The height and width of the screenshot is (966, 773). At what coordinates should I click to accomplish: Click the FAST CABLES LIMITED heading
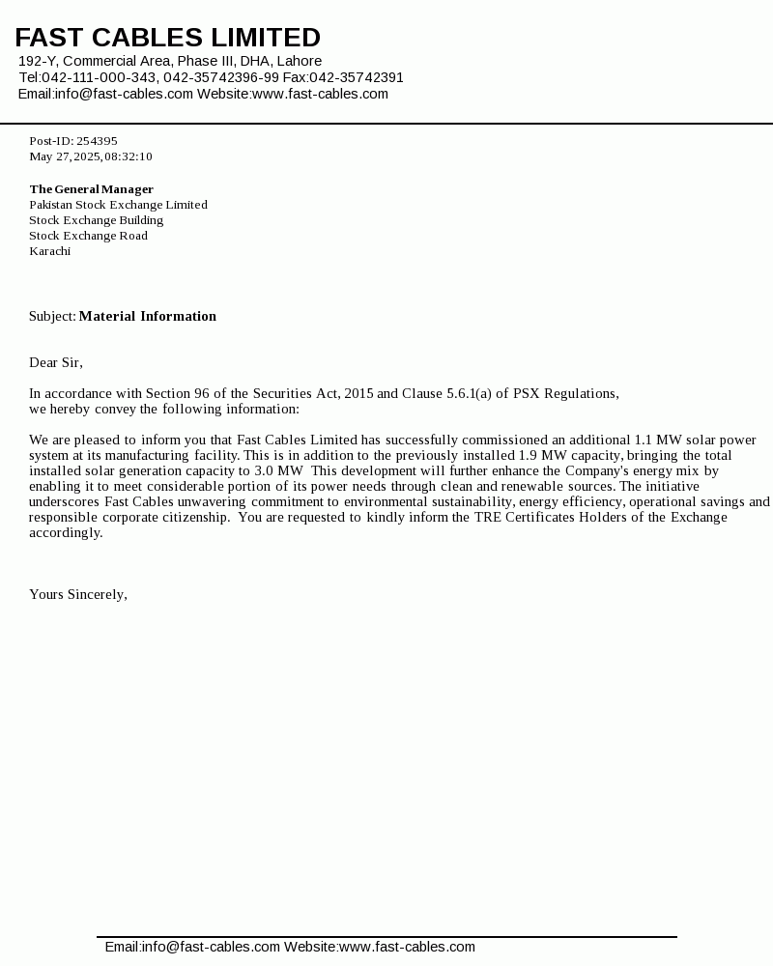tap(167, 38)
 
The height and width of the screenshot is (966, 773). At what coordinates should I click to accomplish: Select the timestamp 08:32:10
tap(129, 156)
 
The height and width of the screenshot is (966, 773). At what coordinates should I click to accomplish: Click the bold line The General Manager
tap(91, 189)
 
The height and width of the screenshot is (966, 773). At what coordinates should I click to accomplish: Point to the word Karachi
tap(49, 251)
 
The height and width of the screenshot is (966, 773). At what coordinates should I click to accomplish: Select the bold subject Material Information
tap(147, 316)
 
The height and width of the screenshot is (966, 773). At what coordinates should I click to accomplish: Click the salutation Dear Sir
tap(55, 362)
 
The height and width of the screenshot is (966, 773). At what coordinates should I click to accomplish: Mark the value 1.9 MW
tap(543, 455)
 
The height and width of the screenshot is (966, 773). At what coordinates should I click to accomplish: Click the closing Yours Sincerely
tap(77, 594)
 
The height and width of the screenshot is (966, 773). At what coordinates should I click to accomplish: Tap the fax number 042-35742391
tap(357, 77)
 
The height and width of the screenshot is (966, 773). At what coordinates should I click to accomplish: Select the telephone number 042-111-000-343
tap(99, 77)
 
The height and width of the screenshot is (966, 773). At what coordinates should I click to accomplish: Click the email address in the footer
tap(192, 947)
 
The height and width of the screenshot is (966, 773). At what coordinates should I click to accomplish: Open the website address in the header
tap(320, 94)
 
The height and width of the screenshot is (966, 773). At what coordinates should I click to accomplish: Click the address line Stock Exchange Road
tap(88, 236)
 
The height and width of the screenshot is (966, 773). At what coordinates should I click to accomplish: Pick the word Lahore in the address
tap(300, 61)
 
